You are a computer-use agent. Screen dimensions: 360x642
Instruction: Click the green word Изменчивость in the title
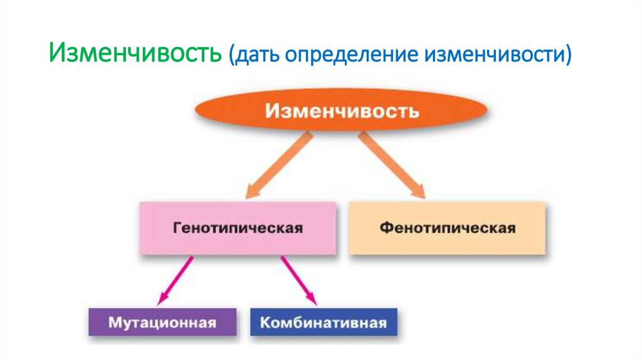coord(135,53)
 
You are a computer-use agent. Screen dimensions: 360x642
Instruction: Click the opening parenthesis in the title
coord(231,55)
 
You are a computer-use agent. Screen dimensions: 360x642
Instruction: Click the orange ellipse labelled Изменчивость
coord(341,112)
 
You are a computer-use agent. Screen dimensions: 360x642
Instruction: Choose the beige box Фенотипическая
coord(447,228)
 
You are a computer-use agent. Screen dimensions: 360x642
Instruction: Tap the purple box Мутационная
coord(162,324)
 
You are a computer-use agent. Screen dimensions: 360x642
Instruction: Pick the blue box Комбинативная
coord(324,324)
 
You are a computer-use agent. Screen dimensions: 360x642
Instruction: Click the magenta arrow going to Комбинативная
coord(297,278)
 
